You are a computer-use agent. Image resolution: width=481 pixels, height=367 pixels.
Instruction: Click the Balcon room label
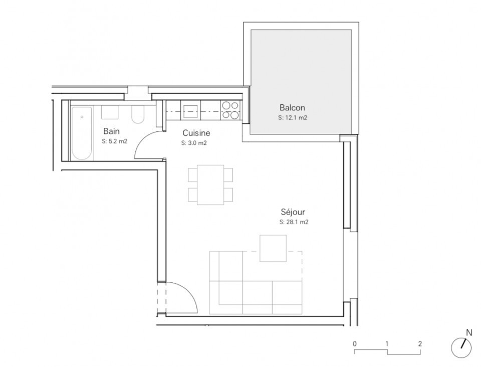tap(292, 108)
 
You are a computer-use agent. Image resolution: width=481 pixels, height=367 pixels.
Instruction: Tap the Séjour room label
tap(293, 212)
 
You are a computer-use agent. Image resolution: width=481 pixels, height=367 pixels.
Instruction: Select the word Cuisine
tap(196, 133)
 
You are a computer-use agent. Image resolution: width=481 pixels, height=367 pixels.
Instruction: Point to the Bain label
tap(111, 131)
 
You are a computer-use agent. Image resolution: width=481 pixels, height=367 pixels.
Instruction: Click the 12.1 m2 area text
tap(293, 117)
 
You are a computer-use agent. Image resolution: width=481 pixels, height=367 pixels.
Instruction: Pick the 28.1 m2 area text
tap(294, 222)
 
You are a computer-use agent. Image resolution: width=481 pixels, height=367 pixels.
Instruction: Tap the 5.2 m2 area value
tap(114, 141)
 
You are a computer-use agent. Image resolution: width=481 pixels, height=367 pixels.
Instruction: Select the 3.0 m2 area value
tap(194, 143)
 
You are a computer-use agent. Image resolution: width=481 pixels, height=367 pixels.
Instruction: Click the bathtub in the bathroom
tap(81, 133)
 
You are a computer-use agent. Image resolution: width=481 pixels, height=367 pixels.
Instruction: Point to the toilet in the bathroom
tap(137, 114)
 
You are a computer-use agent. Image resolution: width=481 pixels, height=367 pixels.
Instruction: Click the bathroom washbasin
tap(110, 113)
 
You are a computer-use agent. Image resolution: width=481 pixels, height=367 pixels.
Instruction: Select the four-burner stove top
tap(230, 110)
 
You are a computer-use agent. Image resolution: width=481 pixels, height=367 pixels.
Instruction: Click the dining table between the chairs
tap(210, 185)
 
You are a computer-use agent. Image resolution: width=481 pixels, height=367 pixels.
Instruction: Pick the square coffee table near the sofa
tap(273, 248)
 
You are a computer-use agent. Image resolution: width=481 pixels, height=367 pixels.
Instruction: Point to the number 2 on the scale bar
tap(420, 343)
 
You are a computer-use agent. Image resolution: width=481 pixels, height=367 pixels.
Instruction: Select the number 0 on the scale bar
tap(355, 343)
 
